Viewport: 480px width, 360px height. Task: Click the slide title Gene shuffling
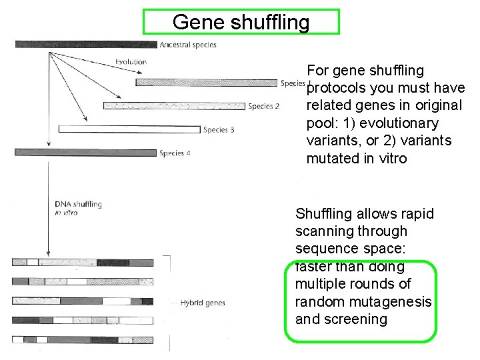241,22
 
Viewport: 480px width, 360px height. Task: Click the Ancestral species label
188,45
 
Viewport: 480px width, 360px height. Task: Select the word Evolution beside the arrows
131,62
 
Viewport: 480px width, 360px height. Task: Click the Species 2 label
263,106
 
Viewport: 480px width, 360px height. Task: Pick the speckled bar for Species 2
173,105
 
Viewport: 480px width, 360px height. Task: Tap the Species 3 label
219,130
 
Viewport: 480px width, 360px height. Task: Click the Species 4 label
175,153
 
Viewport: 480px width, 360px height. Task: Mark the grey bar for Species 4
84,153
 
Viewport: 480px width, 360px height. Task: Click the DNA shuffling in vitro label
77,208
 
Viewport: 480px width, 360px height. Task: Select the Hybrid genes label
203,303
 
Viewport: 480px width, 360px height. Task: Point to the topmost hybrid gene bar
83,262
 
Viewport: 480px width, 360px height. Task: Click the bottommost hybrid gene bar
83,339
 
